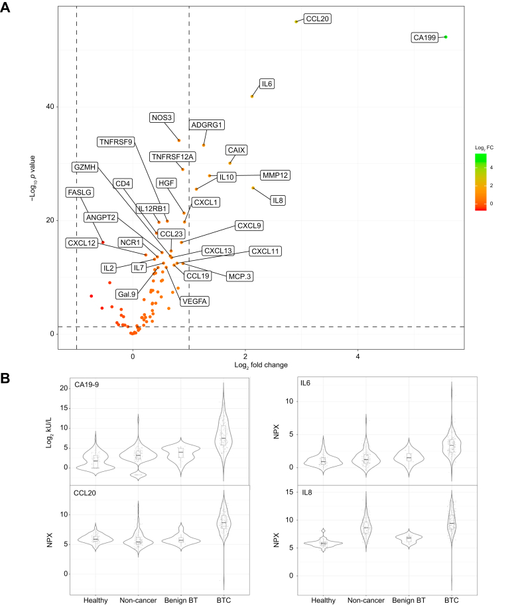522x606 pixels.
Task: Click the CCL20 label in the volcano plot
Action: [x=317, y=19]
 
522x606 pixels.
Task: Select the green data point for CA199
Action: [x=446, y=37]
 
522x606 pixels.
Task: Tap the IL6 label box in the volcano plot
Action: [x=267, y=84]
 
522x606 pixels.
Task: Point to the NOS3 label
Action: [x=162, y=118]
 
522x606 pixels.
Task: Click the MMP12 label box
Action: [x=275, y=175]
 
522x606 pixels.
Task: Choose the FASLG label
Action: [x=80, y=192]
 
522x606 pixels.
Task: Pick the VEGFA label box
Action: [x=195, y=301]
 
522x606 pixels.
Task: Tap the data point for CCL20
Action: [x=296, y=22]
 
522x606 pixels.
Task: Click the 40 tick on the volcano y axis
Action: [x=49, y=108]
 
